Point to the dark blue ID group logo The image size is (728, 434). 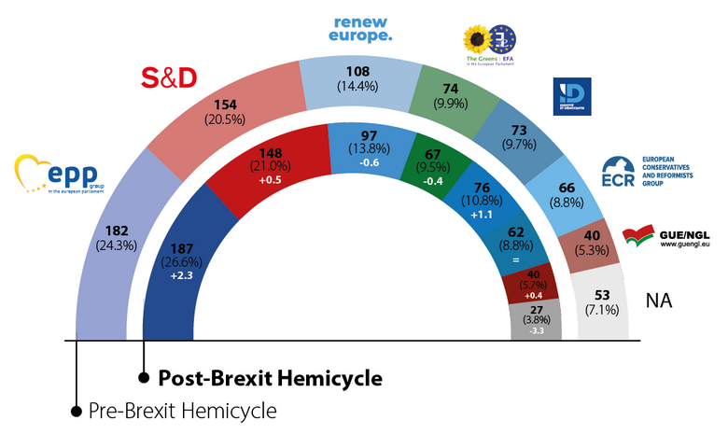pyautogui.click(x=570, y=97)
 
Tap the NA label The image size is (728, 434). pyautogui.click(x=659, y=301)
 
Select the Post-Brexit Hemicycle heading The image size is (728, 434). pyautogui.click(x=270, y=378)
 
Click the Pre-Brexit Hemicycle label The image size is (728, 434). pyautogui.click(x=183, y=410)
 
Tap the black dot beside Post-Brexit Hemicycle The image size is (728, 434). pyautogui.click(x=144, y=378)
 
